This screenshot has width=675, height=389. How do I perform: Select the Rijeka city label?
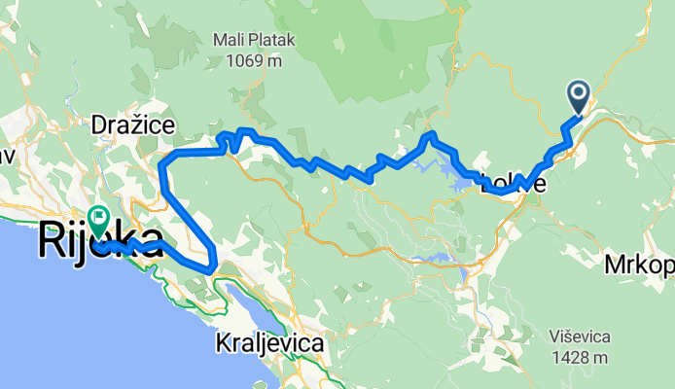pos(100,240)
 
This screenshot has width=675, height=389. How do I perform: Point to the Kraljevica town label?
pos(269,343)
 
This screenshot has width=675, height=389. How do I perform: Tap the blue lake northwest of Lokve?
pos(455,173)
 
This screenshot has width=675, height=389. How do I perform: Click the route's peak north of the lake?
pos(432,134)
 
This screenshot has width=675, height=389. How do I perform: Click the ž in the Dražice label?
pos(132,124)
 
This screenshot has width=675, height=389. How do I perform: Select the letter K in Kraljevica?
pos(222,343)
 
